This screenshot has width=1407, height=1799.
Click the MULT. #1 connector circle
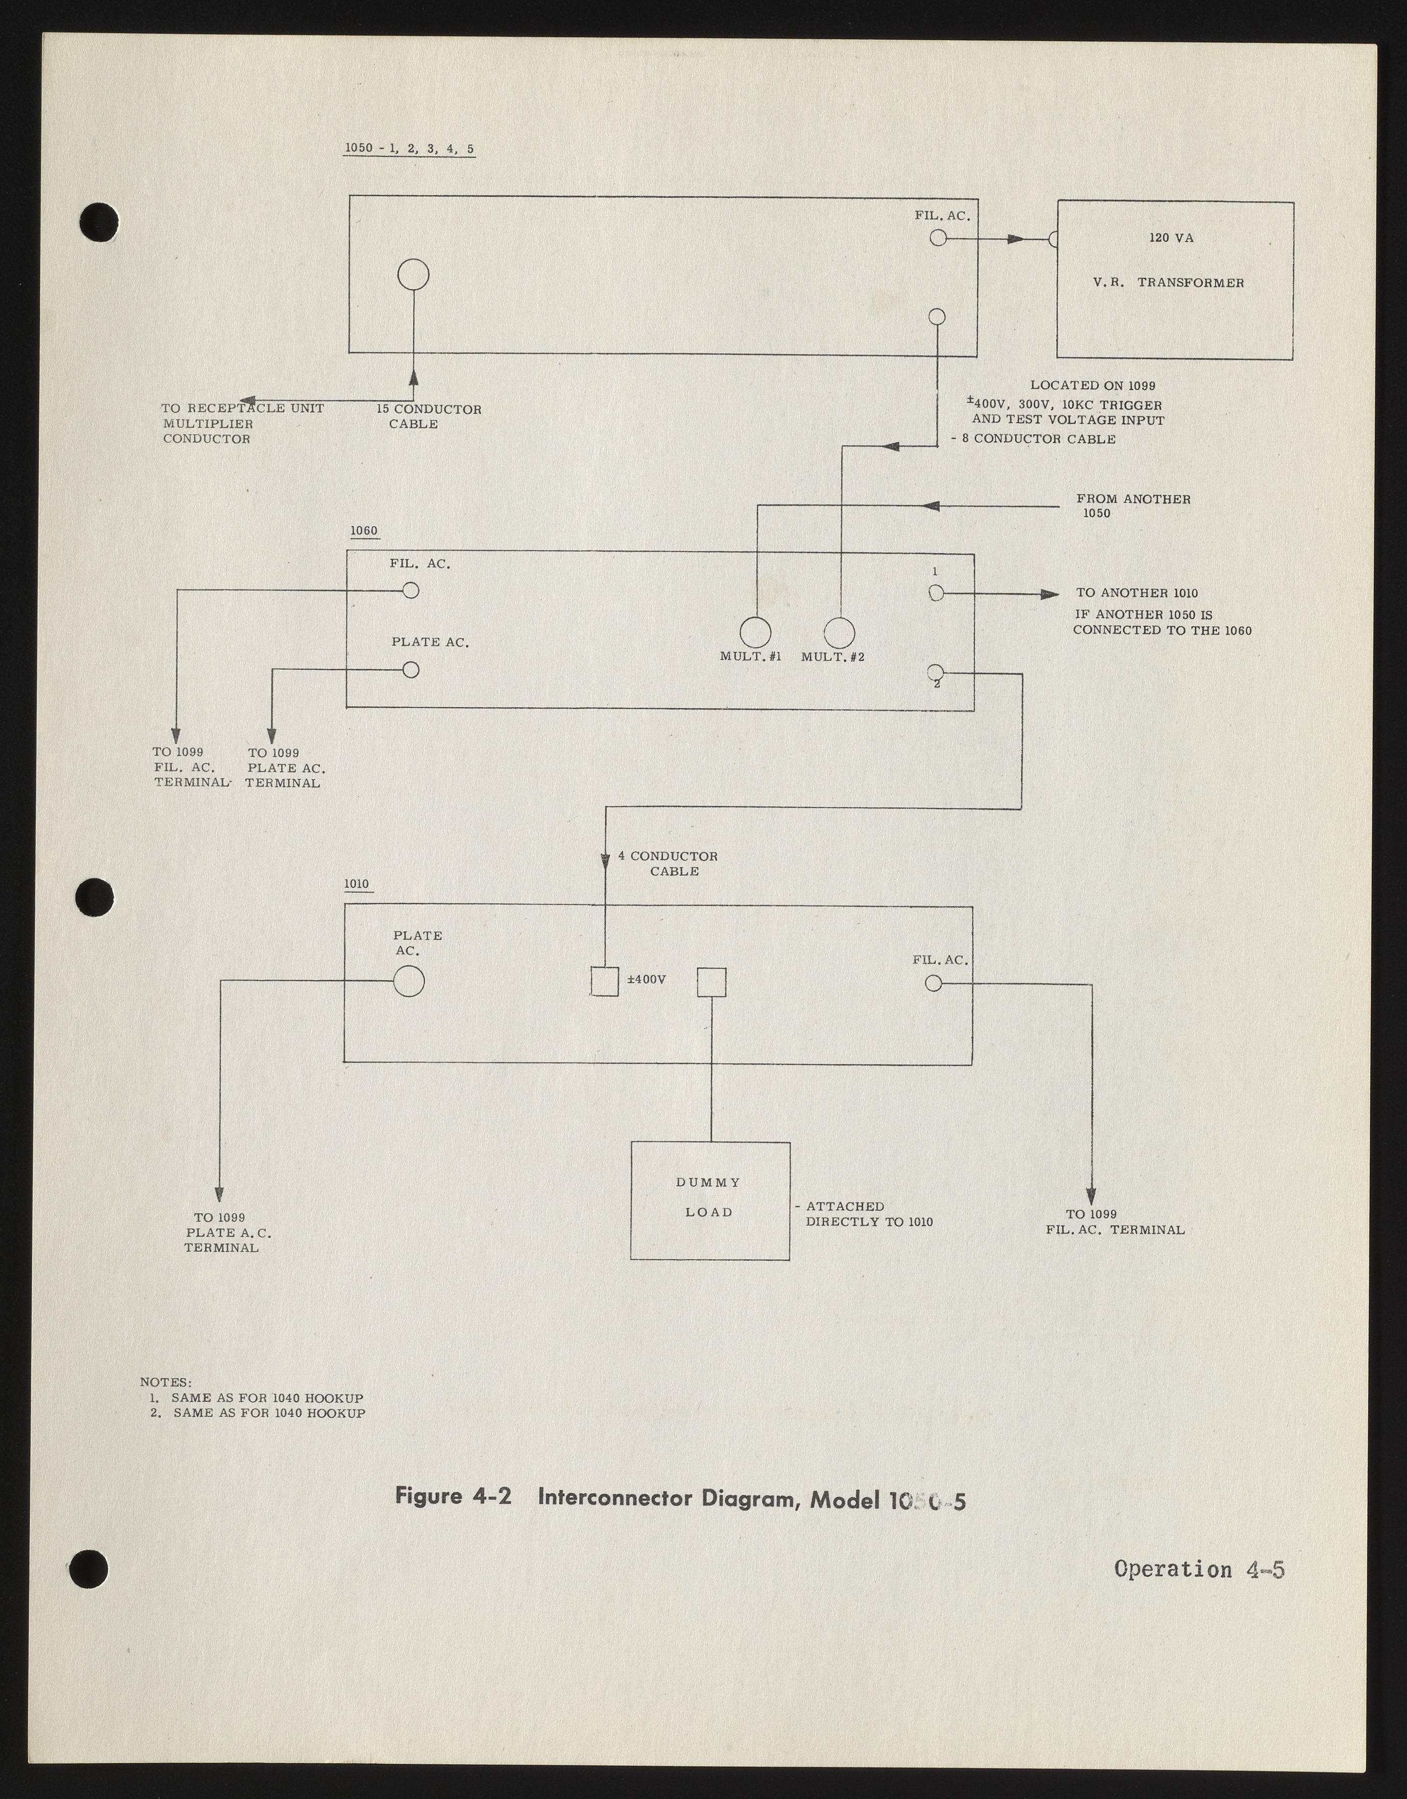tap(754, 633)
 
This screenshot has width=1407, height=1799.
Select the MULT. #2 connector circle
tap(839, 633)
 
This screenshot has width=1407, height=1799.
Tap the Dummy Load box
tap(710, 1200)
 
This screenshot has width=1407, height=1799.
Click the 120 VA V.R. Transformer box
tap(1175, 280)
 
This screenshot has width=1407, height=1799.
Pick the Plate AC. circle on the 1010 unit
tap(409, 981)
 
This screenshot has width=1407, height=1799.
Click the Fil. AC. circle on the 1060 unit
tap(410, 591)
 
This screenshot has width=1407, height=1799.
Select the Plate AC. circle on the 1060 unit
tap(410, 670)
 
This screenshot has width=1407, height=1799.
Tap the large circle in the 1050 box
tap(414, 274)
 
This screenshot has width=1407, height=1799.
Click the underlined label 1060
tap(363, 531)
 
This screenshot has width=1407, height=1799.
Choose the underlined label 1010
tap(357, 885)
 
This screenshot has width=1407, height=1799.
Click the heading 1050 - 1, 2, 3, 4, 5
tap(410, 149)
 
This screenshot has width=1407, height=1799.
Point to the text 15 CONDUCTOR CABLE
tap(428, 417)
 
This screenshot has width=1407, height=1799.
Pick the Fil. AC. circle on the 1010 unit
tap(933, 983)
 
